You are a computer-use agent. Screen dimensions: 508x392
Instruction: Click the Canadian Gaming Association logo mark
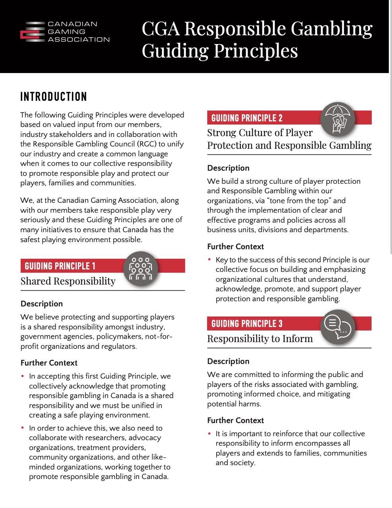pyautogui.click(x=32, y=31)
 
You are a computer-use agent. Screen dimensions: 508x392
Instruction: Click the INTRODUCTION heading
pyautogui.click(x=54, y=96)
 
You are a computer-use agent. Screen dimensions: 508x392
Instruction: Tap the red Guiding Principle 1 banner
pyautogui.click(x=72, y=266)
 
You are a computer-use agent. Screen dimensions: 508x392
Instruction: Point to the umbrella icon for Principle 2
pyautogui.click(x=338, y=119)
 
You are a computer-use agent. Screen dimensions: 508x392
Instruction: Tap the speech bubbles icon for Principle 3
pyautogui.click(x=338, y=327)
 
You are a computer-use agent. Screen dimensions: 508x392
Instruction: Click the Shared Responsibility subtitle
pyautogui.click(x=68, y=281)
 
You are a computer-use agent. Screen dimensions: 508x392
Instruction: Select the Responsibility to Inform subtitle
pyautogui.click(x=260, y=339)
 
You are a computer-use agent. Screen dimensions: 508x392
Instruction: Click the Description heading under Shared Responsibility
pyautogui.click(x=42, y=304)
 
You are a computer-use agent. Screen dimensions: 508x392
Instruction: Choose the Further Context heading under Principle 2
pyautogui.click(x=235, y=246)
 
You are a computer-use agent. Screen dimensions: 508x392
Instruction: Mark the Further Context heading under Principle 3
pyautogui.click(x=235, y=420)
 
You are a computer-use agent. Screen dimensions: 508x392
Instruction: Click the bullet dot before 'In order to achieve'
pyautogui.click(x=23, y=428)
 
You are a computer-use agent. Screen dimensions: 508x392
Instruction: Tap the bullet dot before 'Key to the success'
pyautogui.click(x=210, y=260)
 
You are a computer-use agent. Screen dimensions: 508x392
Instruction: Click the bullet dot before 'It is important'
pyautogui.click(x=210, y=433)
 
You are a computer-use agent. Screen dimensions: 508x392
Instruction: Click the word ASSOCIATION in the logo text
pyautogui.click(x=79, y=39)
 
